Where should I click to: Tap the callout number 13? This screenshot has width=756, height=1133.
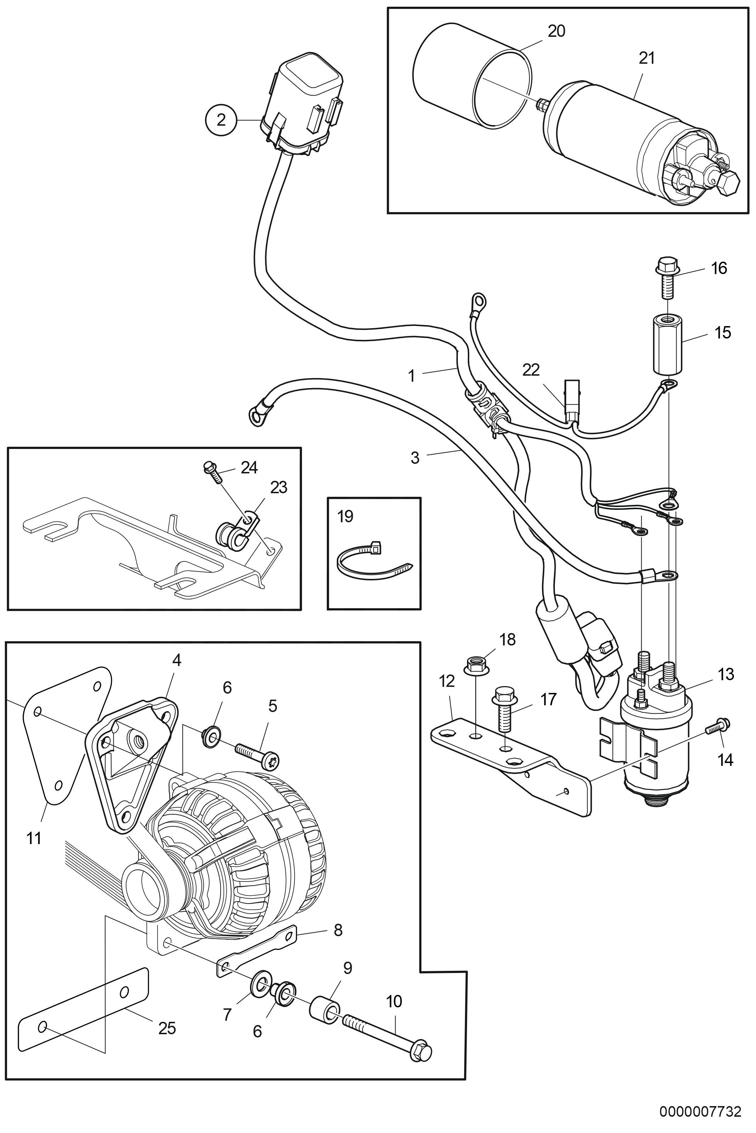[726, 674]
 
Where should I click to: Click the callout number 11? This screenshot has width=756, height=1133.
[34, 838]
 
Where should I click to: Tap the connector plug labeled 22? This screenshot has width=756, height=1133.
[572, 398]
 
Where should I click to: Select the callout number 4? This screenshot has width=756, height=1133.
[177, 660]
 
